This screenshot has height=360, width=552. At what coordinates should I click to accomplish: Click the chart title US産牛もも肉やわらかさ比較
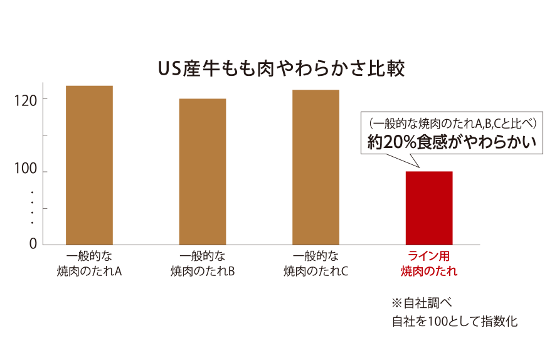pos(281,68)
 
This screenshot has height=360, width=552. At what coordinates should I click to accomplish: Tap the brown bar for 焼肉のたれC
pos(316,167)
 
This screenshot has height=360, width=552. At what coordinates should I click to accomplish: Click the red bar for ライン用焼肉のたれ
pos(429,208)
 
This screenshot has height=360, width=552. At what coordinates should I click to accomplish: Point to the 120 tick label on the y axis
pos(26,99)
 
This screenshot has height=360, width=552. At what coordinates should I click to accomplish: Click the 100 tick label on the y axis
pos(26,172)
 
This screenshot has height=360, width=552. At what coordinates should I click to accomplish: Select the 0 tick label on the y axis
pos(33,244)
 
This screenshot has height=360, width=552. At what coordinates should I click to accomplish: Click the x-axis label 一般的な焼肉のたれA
pos(89,263)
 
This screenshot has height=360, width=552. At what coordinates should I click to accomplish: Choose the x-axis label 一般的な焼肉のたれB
pos(203,263)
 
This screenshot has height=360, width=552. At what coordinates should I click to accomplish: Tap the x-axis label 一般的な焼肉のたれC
pos(316,263)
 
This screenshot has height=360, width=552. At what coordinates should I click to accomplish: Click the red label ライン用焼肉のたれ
pos(429,263)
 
